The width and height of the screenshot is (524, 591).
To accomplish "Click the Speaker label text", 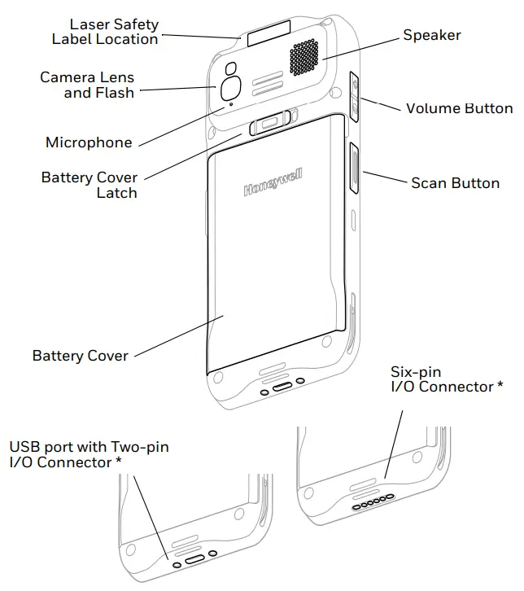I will [x=432, y=35].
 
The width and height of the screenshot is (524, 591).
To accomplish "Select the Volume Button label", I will [x=459, y=108].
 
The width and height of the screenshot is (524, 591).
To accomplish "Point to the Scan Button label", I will [x=455, y=183].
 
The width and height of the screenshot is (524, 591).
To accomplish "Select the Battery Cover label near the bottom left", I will [x=81, y=356].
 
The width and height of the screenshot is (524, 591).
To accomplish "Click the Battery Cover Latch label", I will [x=90, y=186].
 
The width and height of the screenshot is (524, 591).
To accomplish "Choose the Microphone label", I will [x=89, y=142].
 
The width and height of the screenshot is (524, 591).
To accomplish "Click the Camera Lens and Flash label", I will [x=87, y=85].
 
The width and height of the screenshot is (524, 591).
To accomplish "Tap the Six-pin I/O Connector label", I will [x=442, y=379].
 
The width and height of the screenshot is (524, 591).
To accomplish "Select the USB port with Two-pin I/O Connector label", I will [x=90, y=454].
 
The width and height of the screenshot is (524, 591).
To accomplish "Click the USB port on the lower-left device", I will [x=194, y=560].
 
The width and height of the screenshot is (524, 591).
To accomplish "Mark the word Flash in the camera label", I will [x=115, y=93].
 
